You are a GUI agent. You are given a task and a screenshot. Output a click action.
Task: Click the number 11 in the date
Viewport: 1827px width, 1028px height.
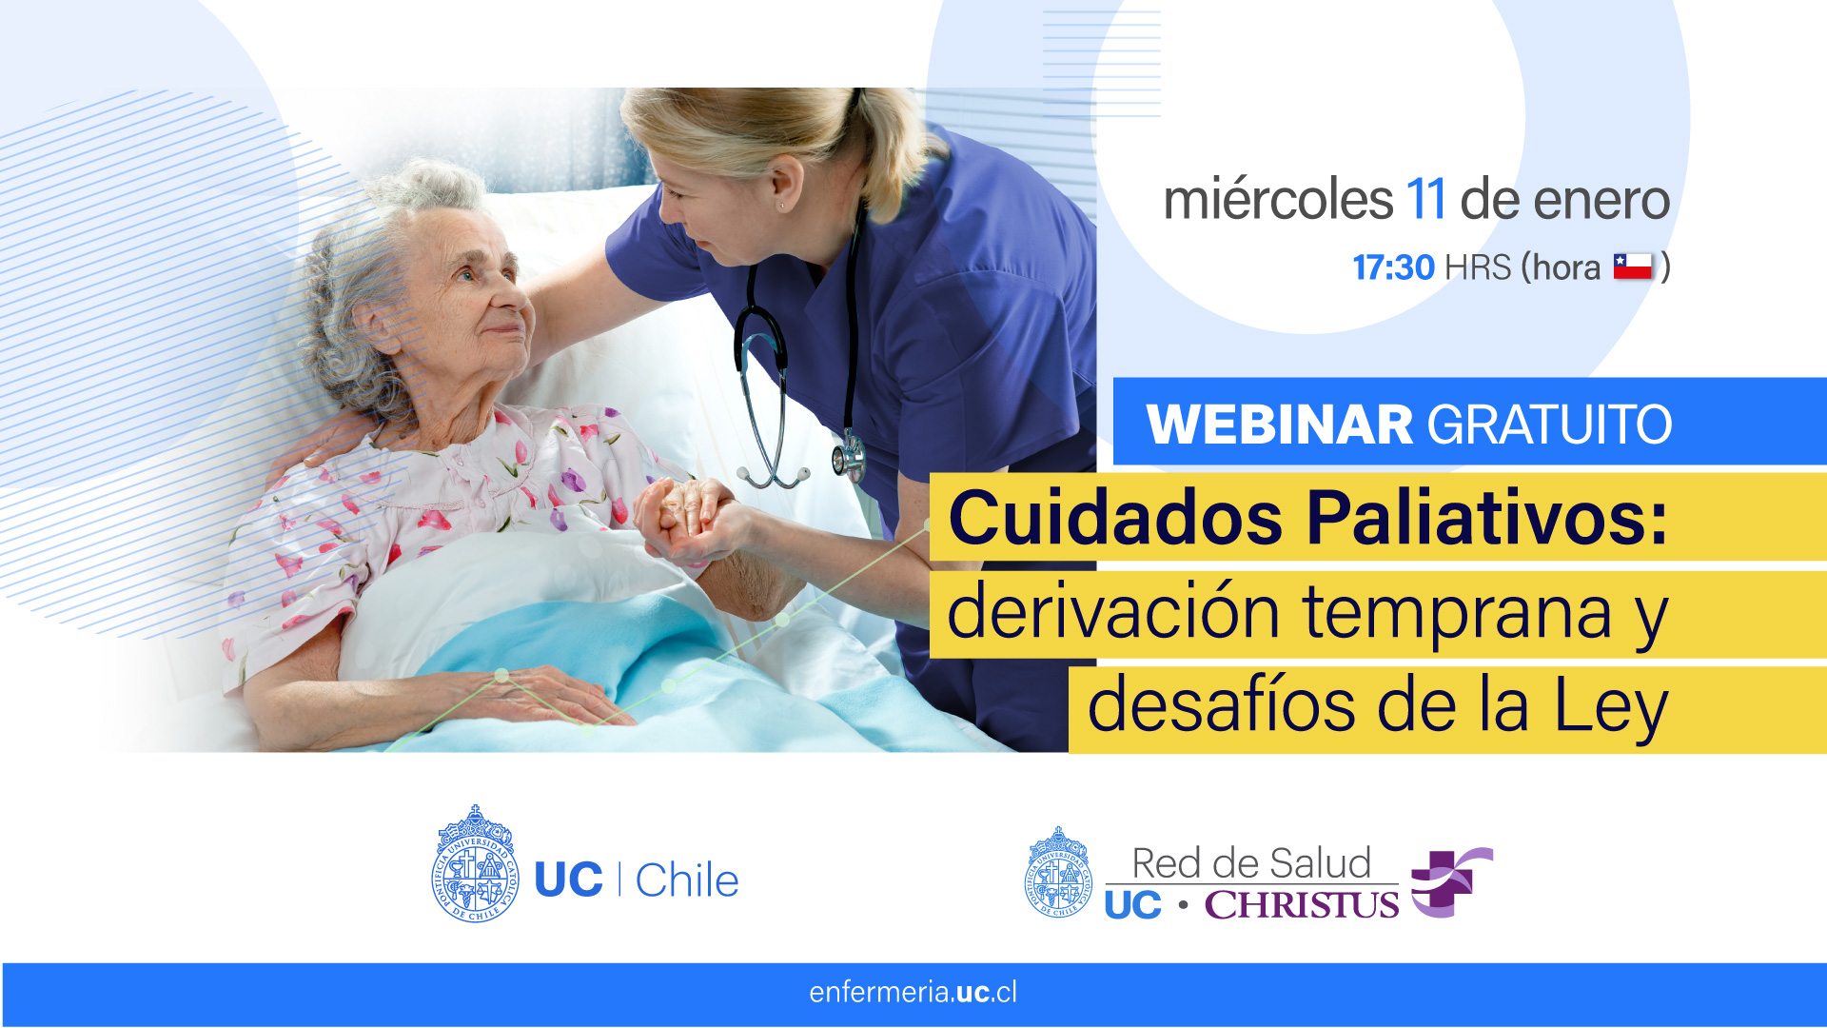(1424, 200)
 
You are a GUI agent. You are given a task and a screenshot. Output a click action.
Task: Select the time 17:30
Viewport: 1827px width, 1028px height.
(1393, 267)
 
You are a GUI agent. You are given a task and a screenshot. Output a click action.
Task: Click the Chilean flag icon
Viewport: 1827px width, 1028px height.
(1633, 267)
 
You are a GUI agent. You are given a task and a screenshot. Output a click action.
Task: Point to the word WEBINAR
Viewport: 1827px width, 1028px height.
(1280, 424)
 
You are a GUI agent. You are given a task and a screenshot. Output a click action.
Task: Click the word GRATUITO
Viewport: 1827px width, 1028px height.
(1549, 424)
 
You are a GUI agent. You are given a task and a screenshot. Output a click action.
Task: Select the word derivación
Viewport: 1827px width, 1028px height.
(1113, 611)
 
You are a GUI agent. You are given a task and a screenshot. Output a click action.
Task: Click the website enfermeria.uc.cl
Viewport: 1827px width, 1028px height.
(913, 993)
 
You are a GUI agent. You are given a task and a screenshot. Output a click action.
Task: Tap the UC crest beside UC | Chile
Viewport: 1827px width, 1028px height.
(475, 864)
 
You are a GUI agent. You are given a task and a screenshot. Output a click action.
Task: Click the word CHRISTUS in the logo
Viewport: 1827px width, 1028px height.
(1301, 904)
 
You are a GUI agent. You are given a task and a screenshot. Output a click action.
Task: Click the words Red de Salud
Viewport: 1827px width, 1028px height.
(1251, 863)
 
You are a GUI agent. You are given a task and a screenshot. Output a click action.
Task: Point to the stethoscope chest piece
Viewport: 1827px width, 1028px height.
(847, 457)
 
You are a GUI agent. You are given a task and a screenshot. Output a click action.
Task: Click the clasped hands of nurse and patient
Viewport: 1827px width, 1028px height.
(685, 519)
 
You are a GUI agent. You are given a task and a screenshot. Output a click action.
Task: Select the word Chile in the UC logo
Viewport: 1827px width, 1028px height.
(687, 880)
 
